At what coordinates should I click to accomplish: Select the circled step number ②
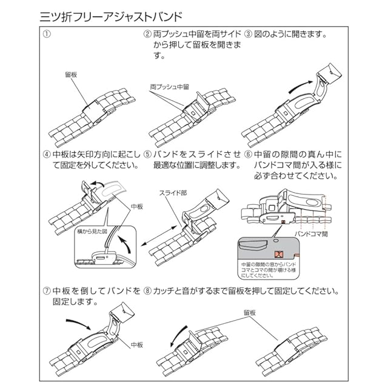(x=147, y=34)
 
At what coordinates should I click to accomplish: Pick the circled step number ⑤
(x=147, y=154)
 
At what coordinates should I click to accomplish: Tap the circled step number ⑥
(x=248, y=154)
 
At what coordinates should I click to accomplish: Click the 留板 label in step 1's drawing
(x=72, y=75)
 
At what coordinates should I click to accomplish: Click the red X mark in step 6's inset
(x=280, y=255)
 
